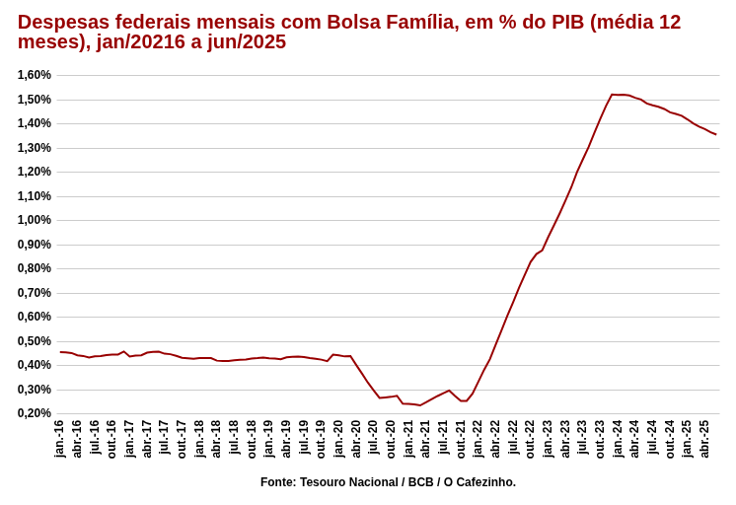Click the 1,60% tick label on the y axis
(x=35, y=75)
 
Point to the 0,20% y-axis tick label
(x=35, y=413)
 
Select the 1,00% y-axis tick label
(x=35, y=220)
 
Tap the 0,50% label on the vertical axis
(x=35, y=341)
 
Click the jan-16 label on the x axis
(x=59, y=439)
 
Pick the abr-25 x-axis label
(x=704, y=439)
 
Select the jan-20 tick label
(x=338, y=439)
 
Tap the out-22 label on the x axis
(x=530, y=439)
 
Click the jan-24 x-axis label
(x=618, y=439)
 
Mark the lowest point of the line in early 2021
(x=420, y=405)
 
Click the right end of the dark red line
(x=716, y=134)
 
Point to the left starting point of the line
(x=60, y=352)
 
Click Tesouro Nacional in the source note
(x=344, y=482)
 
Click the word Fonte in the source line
(x=277, y=482)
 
